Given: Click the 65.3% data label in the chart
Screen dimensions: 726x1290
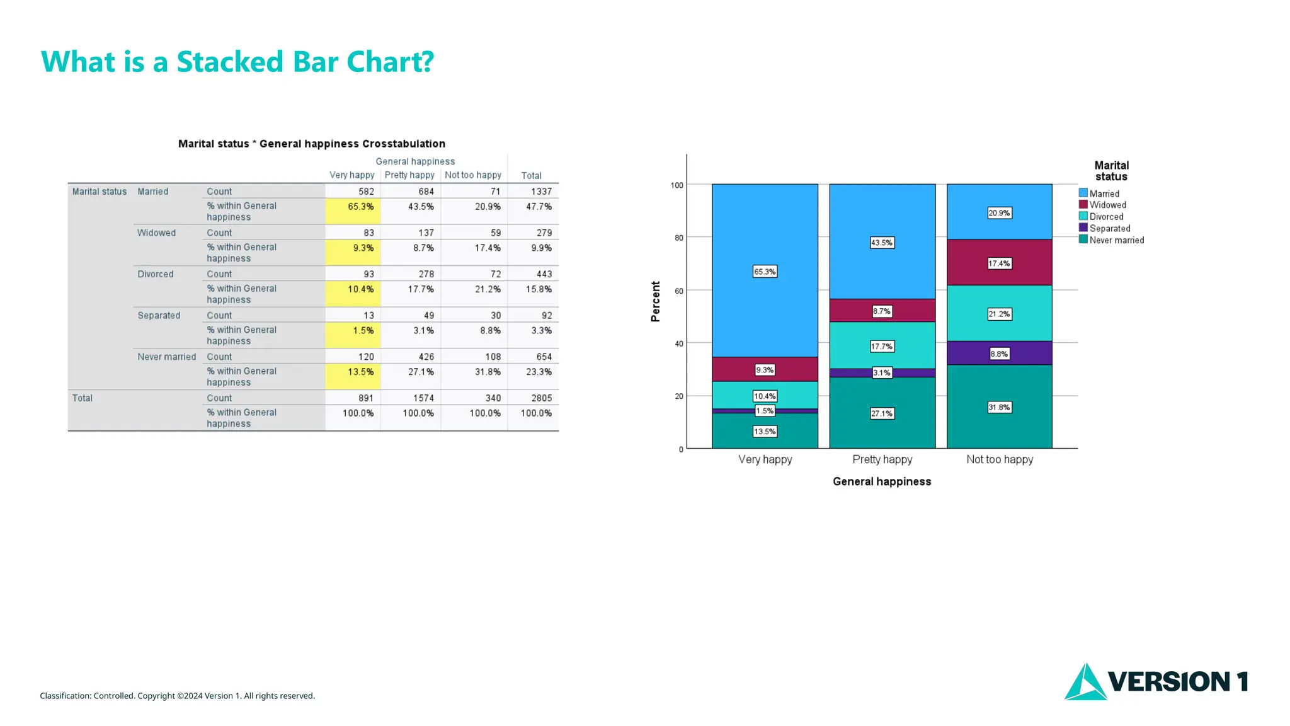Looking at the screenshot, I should tap(765, 272).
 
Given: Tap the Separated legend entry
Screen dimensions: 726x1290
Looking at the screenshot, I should tap(1110, 228).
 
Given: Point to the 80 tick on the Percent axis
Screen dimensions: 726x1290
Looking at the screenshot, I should tap(678, 238).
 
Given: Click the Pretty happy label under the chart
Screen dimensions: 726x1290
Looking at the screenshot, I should tap(882, 459).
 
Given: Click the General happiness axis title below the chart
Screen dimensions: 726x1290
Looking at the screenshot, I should tap(881, 481).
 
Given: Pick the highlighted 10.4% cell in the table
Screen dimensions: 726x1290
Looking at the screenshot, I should tap(360, 289).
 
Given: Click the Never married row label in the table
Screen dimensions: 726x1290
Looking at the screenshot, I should tap(166, 357).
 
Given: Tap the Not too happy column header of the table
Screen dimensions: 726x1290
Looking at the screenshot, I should tap(472, 175).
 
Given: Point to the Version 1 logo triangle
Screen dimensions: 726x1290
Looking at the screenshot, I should tap(1085, 683).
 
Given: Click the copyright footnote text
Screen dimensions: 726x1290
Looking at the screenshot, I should tap(177, 696).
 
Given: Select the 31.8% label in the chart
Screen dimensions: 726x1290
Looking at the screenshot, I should tap(999, 407).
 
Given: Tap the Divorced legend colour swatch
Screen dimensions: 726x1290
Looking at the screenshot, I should tap(1083, 216).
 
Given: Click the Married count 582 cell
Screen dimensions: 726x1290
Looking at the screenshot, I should tap(366, 192).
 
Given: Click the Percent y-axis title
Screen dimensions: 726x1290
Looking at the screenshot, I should tap(656, 301).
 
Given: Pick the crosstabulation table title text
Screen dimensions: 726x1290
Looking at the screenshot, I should tap(311, 144).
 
